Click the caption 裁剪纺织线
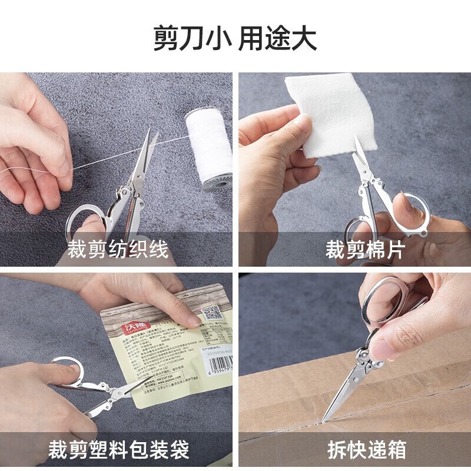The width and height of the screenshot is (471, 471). click(x=118, y=249)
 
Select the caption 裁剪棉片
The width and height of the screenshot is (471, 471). click(x=364, y=249)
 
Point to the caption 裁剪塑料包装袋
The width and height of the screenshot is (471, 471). click(x=128, y=451)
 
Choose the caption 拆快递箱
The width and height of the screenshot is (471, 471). click(x=367, y=451)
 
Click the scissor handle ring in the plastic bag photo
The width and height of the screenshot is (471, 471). click(x=67, y=372)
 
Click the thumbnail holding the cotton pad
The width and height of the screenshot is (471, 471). click(x=301, y=122)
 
